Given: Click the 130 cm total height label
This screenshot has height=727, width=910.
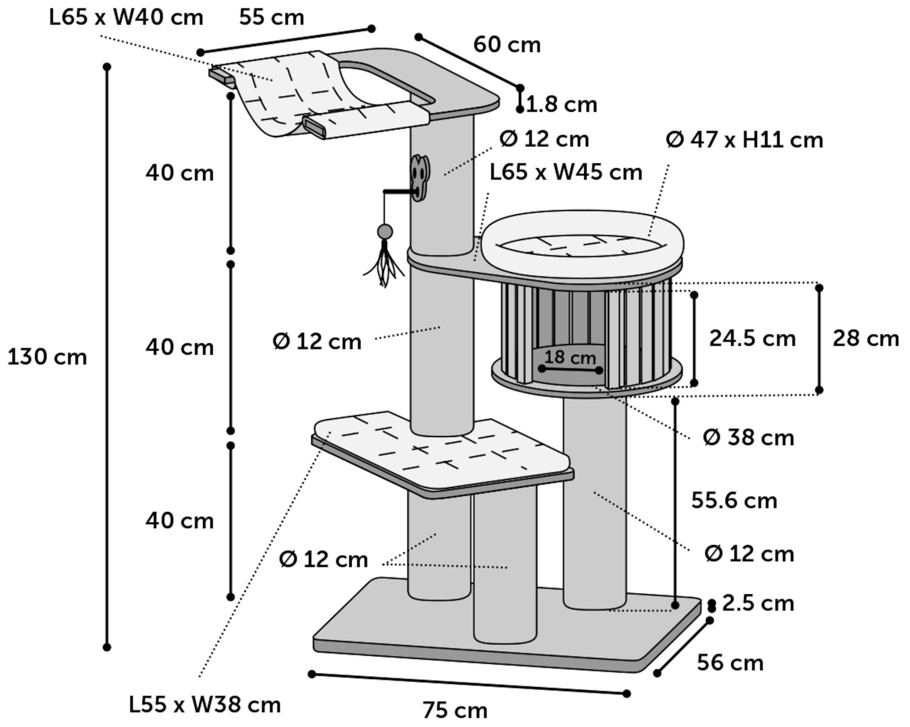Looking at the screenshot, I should [x=47, y=357].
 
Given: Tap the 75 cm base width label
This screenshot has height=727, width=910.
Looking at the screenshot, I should [x=455, y=709].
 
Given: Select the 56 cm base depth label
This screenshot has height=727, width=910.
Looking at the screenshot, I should [x=730, y=662].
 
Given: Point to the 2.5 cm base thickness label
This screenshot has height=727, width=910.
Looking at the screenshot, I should [x=758, y=603].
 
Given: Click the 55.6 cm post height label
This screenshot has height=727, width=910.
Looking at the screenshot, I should [x=734, y=501].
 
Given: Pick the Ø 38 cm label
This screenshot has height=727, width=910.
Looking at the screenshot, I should [x=748, y=437].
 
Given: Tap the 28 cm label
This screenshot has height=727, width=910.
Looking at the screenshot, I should [x=865, y=338].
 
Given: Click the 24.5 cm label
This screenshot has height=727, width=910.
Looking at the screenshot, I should [x=752, y=338].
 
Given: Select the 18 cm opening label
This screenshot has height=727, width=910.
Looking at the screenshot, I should [x=570, y=357].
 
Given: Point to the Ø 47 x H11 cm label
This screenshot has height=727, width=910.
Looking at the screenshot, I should [x=744, y=140].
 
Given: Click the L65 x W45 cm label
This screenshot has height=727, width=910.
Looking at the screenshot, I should [x=565, y=172].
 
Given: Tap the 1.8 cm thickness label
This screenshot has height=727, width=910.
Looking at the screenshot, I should [x=562, y=104].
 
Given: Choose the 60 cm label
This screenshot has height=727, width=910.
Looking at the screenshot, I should [x=507, y=44].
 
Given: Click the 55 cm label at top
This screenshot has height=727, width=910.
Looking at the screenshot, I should [x=271, y=18].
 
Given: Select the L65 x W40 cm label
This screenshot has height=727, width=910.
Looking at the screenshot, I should [x=126, y=18].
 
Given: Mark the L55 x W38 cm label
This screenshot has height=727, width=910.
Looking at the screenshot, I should [x=205, y=705].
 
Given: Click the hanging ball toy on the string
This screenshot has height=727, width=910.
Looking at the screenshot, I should [x=385, y=231].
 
